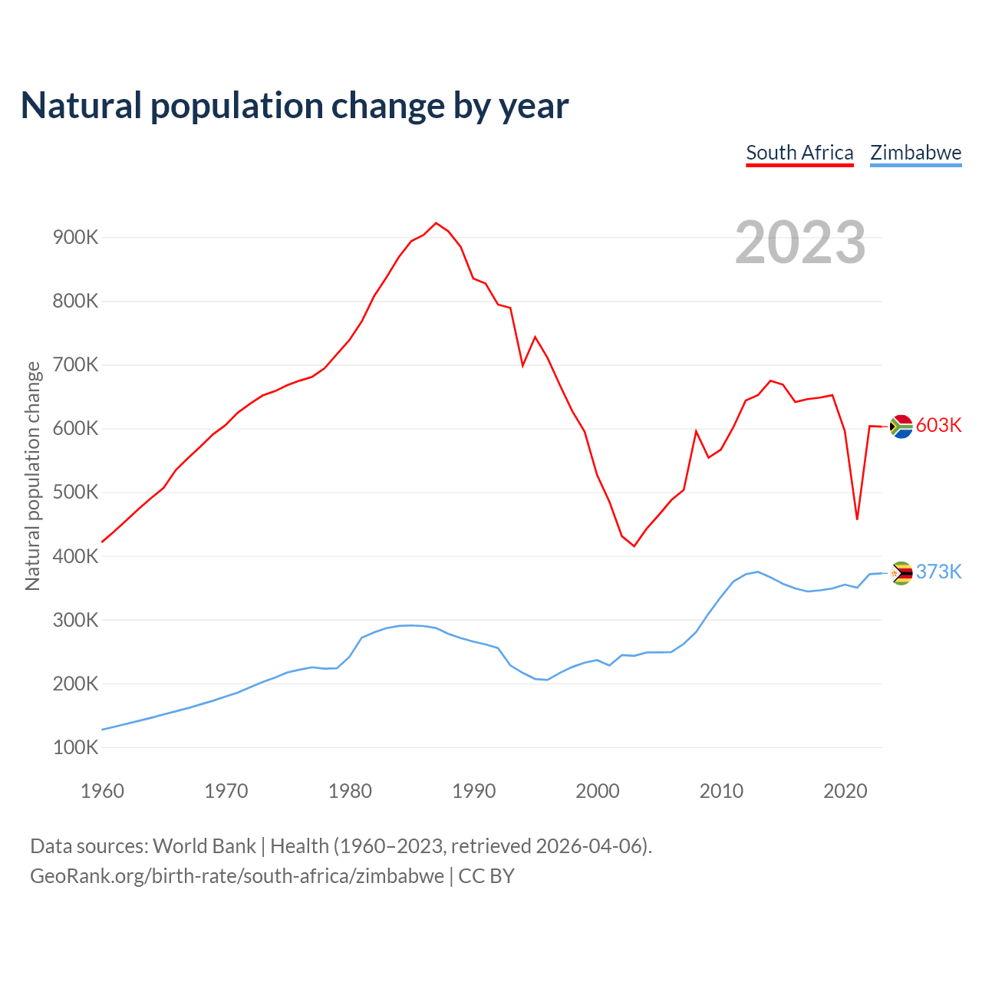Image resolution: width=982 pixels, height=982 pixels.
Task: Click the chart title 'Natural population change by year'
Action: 295,106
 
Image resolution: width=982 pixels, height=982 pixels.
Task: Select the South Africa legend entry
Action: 799,153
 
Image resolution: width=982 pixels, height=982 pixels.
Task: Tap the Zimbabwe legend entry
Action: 915,153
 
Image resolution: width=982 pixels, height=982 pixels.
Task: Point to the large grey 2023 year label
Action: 800,242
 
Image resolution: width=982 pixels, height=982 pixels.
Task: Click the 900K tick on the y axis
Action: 76,238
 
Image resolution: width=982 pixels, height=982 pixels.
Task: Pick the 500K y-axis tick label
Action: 76,493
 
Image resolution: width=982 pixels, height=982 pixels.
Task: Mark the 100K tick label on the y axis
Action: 76,747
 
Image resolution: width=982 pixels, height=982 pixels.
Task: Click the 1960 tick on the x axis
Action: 102,791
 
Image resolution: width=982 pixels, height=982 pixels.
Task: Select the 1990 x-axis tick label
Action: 474,791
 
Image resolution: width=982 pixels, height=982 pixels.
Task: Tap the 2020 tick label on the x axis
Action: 845,791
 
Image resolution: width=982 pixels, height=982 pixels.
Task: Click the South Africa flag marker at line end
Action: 901,426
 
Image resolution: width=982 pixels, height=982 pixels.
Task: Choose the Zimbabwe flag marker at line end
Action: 901,572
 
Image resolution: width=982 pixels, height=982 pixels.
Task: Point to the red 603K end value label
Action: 939,426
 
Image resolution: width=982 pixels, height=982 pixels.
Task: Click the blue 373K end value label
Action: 939,572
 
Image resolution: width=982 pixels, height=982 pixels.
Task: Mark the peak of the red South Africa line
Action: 436,223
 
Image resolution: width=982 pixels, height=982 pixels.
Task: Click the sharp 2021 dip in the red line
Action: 857,519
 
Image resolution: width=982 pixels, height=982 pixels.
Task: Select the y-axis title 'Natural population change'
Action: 33,476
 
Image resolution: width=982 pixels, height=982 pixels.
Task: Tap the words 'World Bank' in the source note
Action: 204,846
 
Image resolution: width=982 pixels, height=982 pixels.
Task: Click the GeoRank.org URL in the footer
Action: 237,876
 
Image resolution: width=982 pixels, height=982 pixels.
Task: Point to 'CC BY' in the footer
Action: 486,876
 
